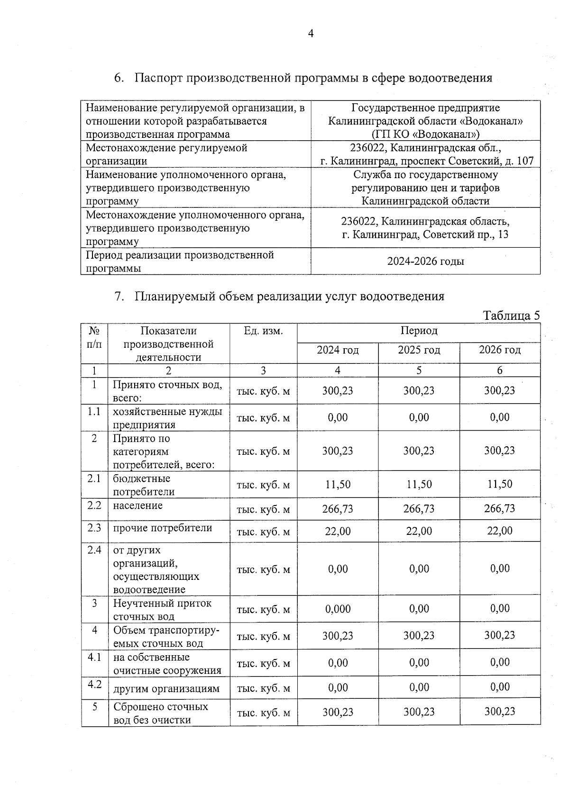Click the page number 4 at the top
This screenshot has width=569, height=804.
pyautogui.click(x=311, y=34)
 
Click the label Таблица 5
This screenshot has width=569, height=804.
pyautogui.click(x=511, y=316)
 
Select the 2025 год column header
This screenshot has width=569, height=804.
pyautogui.click(x=419, y=350)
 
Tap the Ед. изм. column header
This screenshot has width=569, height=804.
pyautogui.click(x=263, y=331)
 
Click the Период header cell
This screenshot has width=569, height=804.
pyautogui.click(x=419, y=330)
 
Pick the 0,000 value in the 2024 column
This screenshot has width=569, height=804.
pyautogui.click(x=338, y=609)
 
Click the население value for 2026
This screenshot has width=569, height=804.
pyautogui.click(x=499, y=508)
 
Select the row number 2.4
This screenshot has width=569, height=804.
pyautogui.click(x=94, y=550)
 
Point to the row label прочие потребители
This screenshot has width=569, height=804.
pyautogui.click(x=162, y=528)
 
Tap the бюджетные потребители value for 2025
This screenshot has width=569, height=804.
pyautogui.click(x=419, y=484)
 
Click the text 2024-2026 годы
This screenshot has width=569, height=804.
pyautogui.click(x=425, y=261)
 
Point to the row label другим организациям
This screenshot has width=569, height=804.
pyautogui.click(x=166, y=688)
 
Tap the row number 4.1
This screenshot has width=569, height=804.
pyautogui.click(x=94, y=658)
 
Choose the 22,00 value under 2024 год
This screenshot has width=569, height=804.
pyautogui.click(x=338, y=531)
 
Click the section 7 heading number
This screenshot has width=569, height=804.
pyautogui.click(x=119, y=297)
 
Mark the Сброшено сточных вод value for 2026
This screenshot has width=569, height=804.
pyautogui.click(x=499, y=712)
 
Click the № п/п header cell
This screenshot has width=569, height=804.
pyautogui.click(x=94, y=337)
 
